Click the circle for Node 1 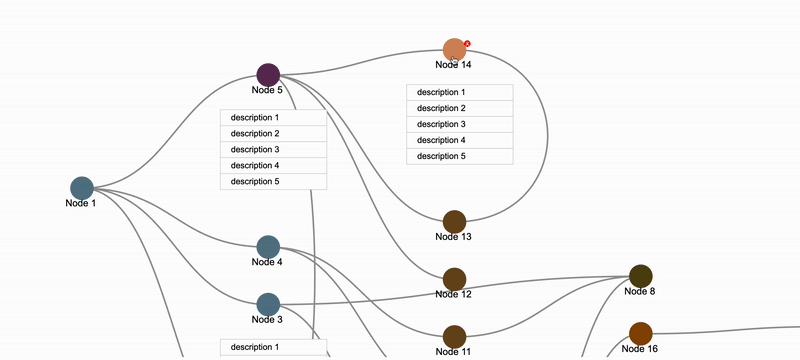tap(82, 188)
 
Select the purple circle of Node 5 tap(268, 74)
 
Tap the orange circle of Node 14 tap(454, 49)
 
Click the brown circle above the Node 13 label tap(454, 221)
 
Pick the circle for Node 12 tap(454, 279)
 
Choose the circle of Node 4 tap(268, 246)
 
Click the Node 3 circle tap(268, 304)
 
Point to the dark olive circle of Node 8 tap(640, 276)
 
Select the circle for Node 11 tap(454, 337)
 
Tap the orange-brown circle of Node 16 tap(640, 333)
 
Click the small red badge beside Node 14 tap(467, 43)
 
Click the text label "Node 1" tap(81, 203)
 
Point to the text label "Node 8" tap(640, 291)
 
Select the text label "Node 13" tap(453, 237)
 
